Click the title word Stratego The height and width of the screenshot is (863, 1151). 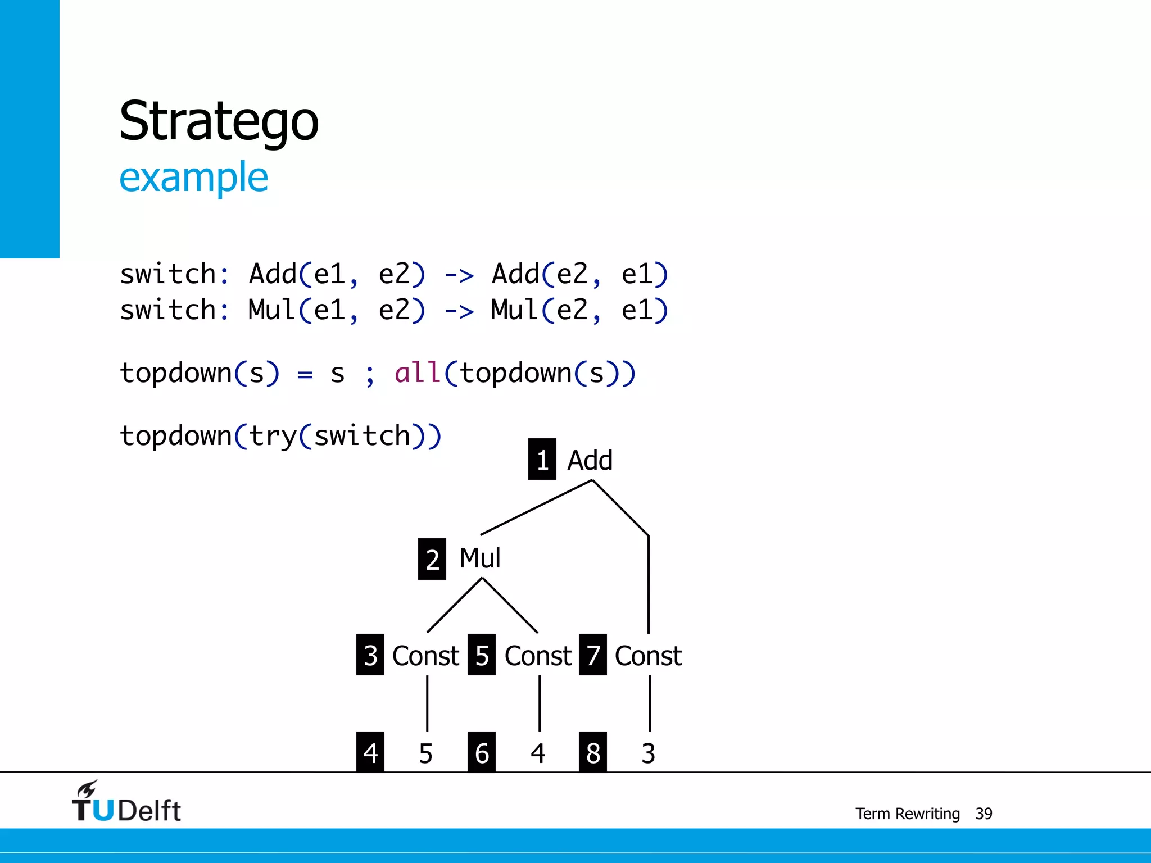(x=219, y=121)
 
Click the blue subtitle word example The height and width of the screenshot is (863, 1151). (x=193, y=178)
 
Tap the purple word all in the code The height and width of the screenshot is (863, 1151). (x=417, y=373)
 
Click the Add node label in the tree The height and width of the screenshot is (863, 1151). (x=590, y=460)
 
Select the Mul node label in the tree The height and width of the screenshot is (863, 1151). (x=479, y=558)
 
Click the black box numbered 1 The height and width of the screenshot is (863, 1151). (x=542, y=459)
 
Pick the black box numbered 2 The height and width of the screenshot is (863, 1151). (x=432, y=559)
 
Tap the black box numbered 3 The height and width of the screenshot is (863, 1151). (x=370, y=655)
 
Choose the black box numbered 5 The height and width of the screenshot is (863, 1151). (x=482, y=655)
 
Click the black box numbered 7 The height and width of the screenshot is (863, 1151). (x=593, y=655)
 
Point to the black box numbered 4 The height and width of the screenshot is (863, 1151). (x=370, y=752)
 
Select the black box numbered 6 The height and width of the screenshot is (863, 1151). (x=482, y=752)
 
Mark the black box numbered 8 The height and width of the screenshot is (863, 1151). (x=593, y=752)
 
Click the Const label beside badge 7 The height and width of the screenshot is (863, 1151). (x=648, y=656)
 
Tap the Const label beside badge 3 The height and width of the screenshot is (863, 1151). (x=425, y=656)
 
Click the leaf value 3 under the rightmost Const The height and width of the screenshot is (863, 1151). (x=648, y=753)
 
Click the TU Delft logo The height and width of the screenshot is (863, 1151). (x=126, y=802)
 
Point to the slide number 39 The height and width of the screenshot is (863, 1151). (x=984, y=814)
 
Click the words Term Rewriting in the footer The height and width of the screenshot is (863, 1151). (x=907, y=814)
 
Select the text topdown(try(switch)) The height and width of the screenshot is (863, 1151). (x=280, y=436)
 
